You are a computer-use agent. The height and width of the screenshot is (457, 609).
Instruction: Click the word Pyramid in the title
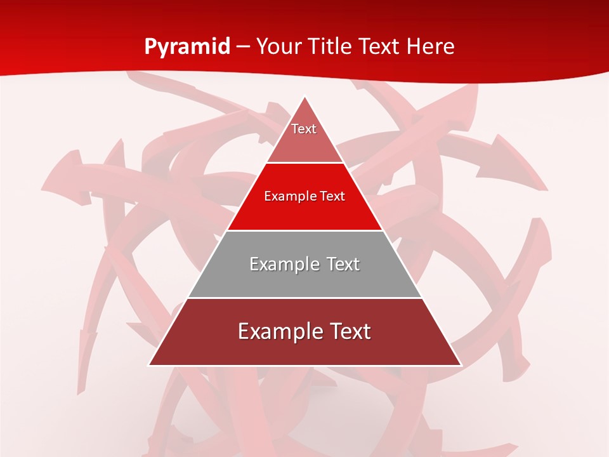point(187,47)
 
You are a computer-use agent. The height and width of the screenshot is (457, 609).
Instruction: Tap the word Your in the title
point(278,47)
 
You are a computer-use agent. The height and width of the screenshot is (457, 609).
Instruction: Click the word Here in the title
point(431,47)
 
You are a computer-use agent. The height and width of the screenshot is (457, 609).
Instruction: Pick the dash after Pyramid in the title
point(243,48)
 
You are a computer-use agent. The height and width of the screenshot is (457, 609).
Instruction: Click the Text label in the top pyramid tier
point(304,129)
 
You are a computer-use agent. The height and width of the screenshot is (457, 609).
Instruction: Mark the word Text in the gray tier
point(343,264)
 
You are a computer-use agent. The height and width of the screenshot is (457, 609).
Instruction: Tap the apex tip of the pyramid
point(305,97)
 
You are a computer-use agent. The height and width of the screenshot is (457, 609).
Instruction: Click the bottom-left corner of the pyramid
point(149,365)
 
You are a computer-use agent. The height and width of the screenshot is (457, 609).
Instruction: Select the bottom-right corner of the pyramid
point(461,365)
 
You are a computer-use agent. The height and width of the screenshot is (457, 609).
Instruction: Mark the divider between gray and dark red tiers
point(305,298)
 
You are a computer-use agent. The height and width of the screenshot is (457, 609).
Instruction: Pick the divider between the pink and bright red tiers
point(305,163)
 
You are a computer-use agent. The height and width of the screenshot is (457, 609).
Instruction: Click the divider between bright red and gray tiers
point(305,230)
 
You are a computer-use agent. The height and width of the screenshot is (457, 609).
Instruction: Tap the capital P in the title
point(150,47)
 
